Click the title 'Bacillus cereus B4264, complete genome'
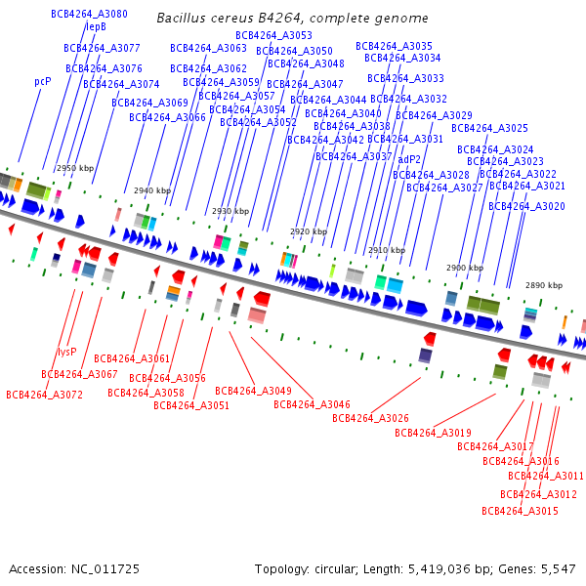point(292,19)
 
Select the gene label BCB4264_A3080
point(89,15)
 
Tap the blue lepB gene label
point(96,27)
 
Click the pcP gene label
point(42,82)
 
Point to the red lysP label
point(66,352)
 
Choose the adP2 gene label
point(409,159)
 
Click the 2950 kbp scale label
point(75,169)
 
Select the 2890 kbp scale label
point(544,286)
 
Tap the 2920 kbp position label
point(309,232)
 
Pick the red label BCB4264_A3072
point(44,396)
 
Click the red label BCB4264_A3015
point(520,512)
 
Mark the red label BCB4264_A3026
point(370,418)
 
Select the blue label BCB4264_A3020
point(526,207)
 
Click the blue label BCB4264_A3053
point(273,36)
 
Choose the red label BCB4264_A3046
point(312,404)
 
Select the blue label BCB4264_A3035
point(394,47)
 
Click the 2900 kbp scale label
point(465,268)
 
